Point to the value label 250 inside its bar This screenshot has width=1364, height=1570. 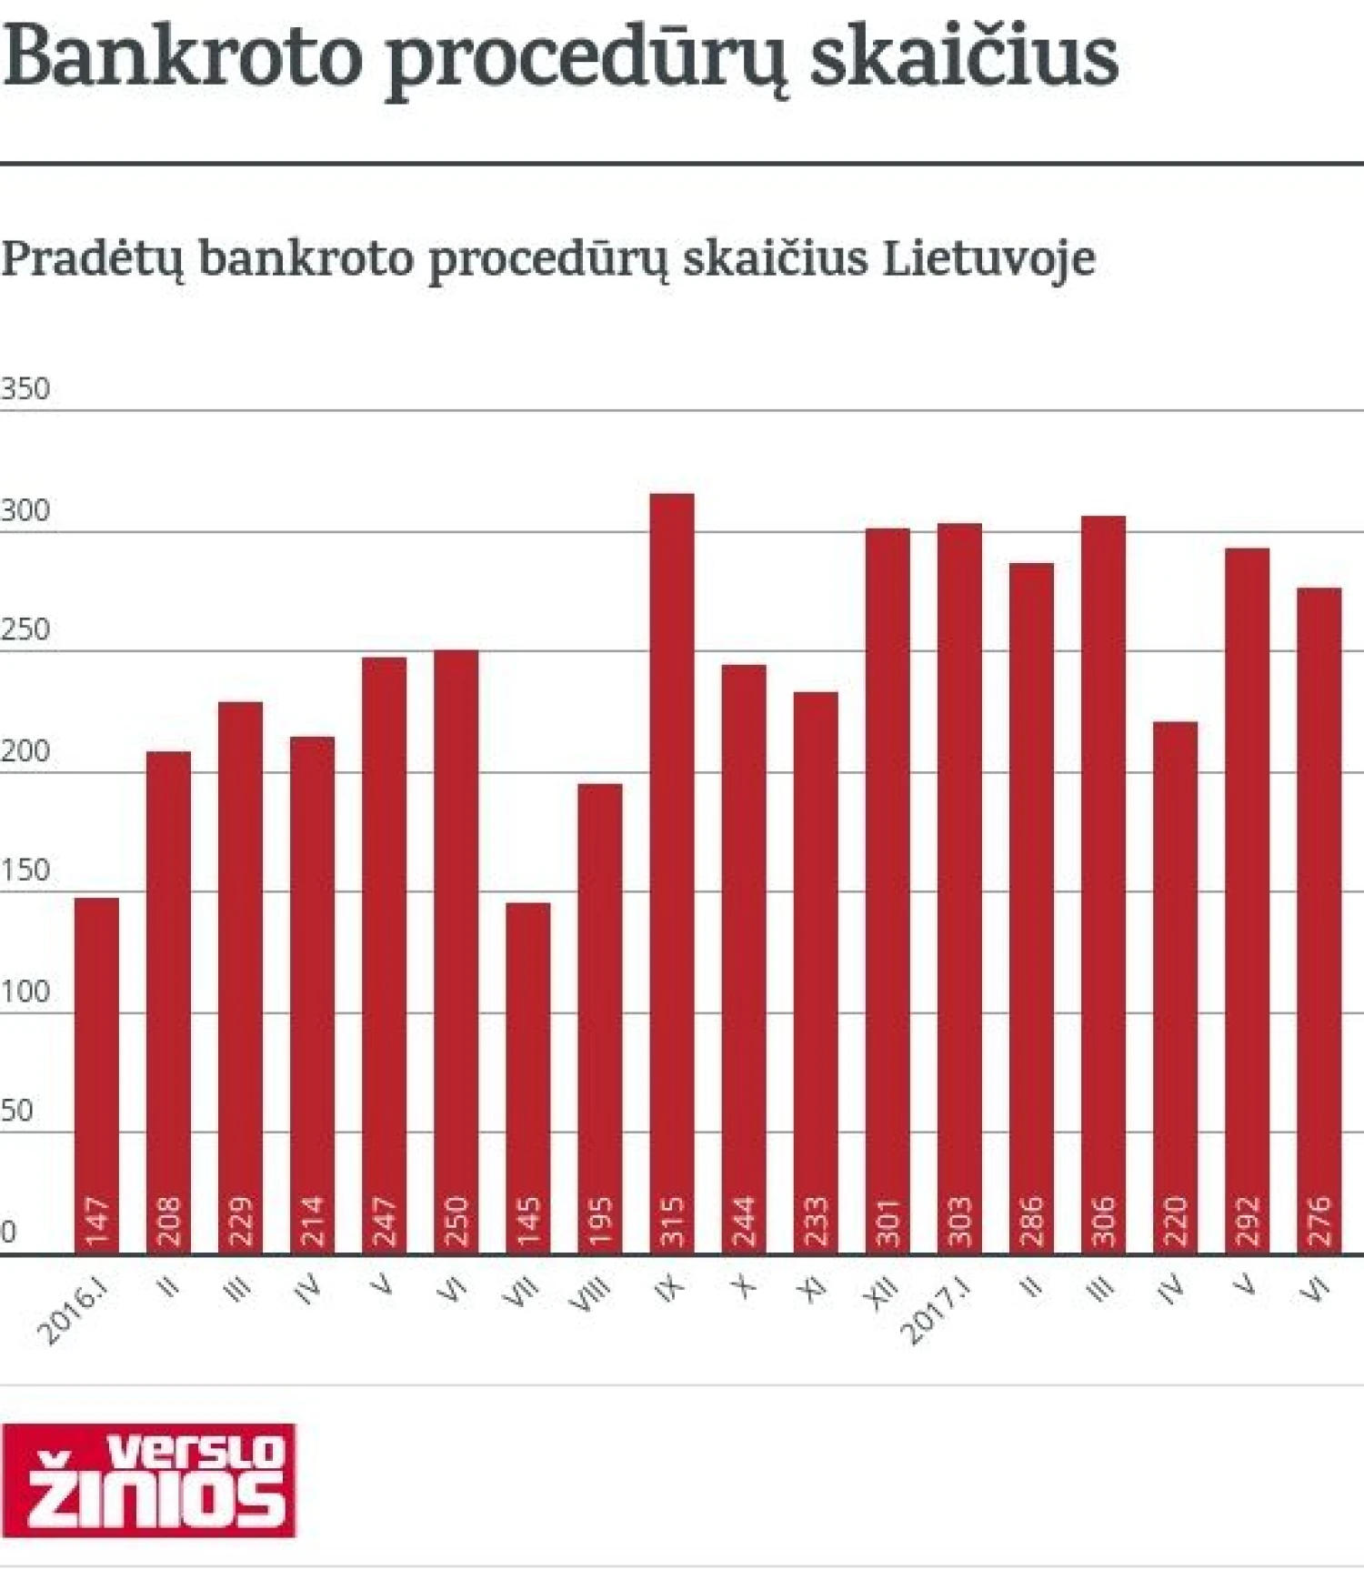[x=456, y=1221]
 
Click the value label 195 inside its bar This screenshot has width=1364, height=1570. [x=600, y=1221]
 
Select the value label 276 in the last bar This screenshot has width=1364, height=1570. [x=1319, y=1221]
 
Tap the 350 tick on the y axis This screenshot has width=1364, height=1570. [x=25, y=389]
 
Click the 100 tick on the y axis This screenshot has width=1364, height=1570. [x=25, y=991]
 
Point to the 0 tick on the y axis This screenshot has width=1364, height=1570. [x=8, y=1233]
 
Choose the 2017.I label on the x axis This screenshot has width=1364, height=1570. [x=936, y=1311]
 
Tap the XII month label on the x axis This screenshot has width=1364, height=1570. [x=882, y=1291]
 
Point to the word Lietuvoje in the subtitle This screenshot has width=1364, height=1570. [x=988, y=258]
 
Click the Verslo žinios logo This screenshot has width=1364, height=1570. [x=149, y=1480]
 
